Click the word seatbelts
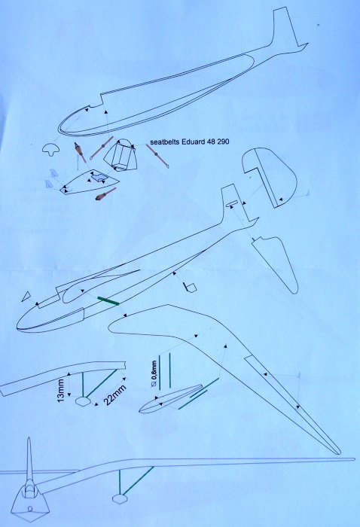coord(165,142)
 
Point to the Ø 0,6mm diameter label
coord(154,374)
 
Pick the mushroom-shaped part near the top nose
coord(50,148)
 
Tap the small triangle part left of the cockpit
coord(26,296)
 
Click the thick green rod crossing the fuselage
coord(108,301)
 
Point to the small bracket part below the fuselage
coord(190,288)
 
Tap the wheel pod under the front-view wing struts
coord(119,498)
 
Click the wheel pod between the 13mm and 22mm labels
coord(83,401)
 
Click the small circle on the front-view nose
coord(30,508)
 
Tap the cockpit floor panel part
coord(90,182)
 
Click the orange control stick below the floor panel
coord(105,194)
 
